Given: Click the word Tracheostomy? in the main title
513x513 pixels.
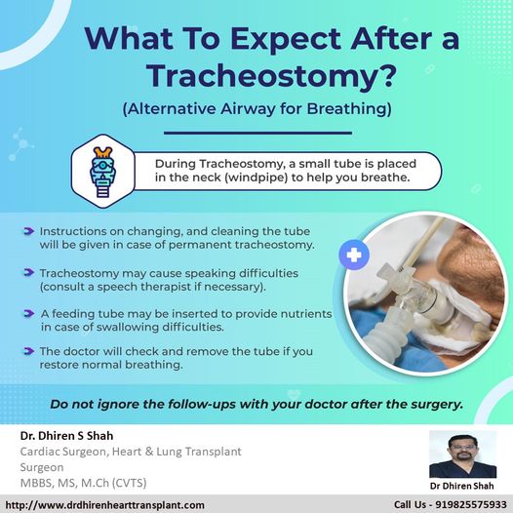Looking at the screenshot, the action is (x=271, y=76).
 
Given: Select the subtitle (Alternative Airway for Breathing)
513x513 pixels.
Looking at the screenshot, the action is (x=256, y=109).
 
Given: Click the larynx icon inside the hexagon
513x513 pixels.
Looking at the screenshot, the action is (x=102, y=172).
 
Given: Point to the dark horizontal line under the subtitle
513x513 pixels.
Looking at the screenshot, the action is (x=257, y=133).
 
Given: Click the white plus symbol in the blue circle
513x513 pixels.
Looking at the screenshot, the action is (x=354, y=256).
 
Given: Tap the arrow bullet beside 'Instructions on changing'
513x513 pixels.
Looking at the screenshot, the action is (x=29, y=231).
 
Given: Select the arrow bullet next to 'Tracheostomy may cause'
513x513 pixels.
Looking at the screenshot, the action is (x=29, y=272).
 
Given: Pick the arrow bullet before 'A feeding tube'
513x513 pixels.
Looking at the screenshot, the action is (x=29, y=313).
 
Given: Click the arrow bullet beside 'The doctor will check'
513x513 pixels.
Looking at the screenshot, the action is (x=29, y=351).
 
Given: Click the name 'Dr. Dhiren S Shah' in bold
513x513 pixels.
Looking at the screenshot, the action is (x=66, y=436).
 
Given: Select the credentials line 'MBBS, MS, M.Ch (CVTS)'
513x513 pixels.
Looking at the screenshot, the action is (x=84, y=483).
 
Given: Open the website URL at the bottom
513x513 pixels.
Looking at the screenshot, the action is (x=105, y=505).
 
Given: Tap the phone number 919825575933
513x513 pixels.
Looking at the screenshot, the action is (x=470, y=505).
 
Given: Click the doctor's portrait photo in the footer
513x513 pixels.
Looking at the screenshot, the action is (x=462, y=454).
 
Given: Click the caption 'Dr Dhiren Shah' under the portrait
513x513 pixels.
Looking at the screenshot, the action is (x=461, y=486).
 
